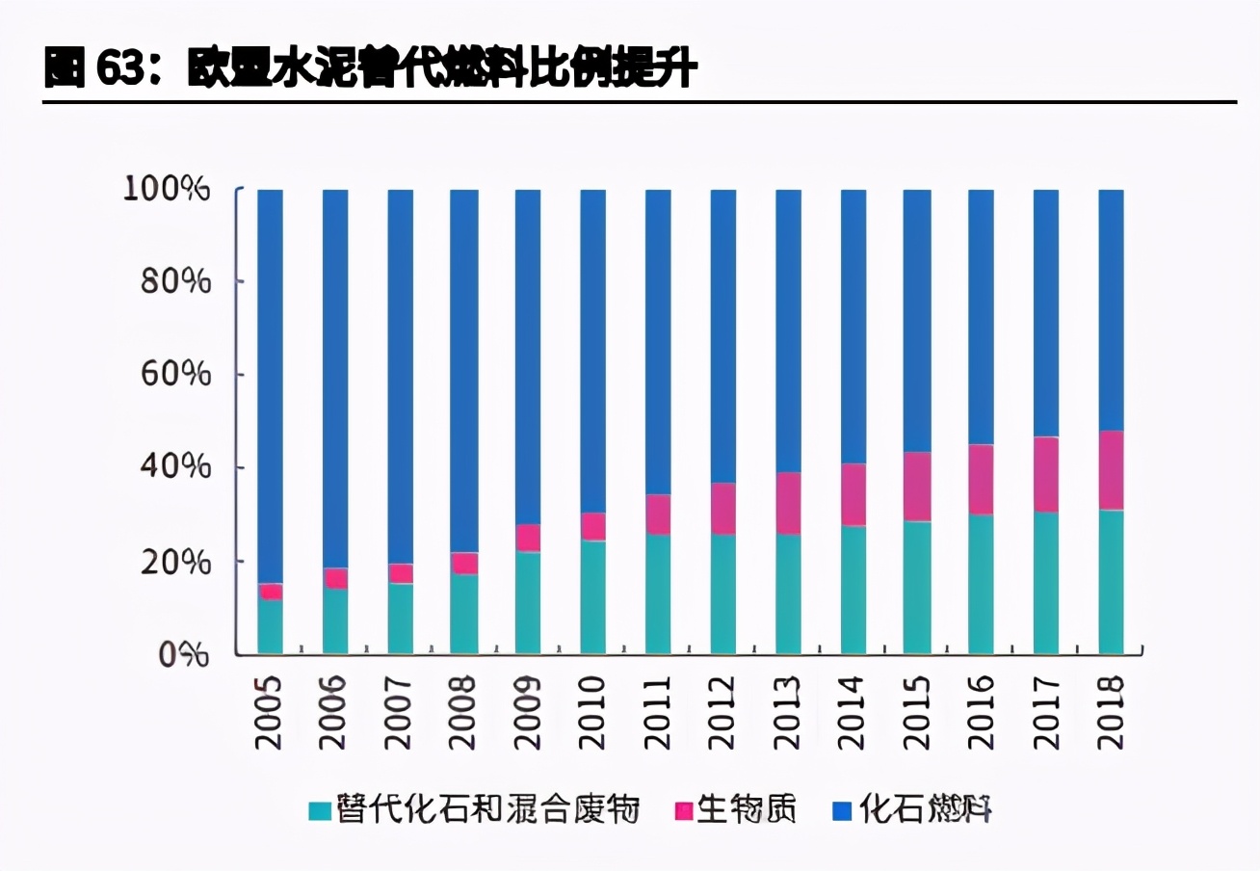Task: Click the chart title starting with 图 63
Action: pyautogui.click(x=370, y=69)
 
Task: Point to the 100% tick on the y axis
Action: pyautogui.click(x=167, y=189)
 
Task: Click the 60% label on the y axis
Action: pyautogui.click(x=176, y=375)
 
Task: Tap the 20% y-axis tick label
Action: pyautogui.click(x=176, y=562)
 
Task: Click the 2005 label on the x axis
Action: pyautogui.click(x=270, y=712)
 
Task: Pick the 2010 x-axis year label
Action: pyautogui.click(x=592, y=712)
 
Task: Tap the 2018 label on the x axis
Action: pyautogui.click(x=1111, y=712)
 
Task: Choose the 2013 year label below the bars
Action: pyautogui.click(x=787, y=712)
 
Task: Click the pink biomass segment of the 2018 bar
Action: pyautogui.click(x=1111, y=470)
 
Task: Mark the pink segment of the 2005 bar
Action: pyautogui.click(x=270, y=592)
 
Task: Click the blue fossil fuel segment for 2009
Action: pyautogui.click(x=528, y=356)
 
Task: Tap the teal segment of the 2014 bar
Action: pyautogui.click(x=853, y=590)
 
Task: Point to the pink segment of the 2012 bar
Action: pyautogui.click(x=722, y=509)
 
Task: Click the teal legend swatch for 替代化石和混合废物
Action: pyautogui.click(x=320, y=811)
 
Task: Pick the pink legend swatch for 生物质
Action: pyautogui.click(x=683, y=811)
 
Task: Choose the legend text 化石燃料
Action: pyautogui.click(x=925, y=810)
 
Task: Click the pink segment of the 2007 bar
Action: pyautogui.click(x=400, y=573)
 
